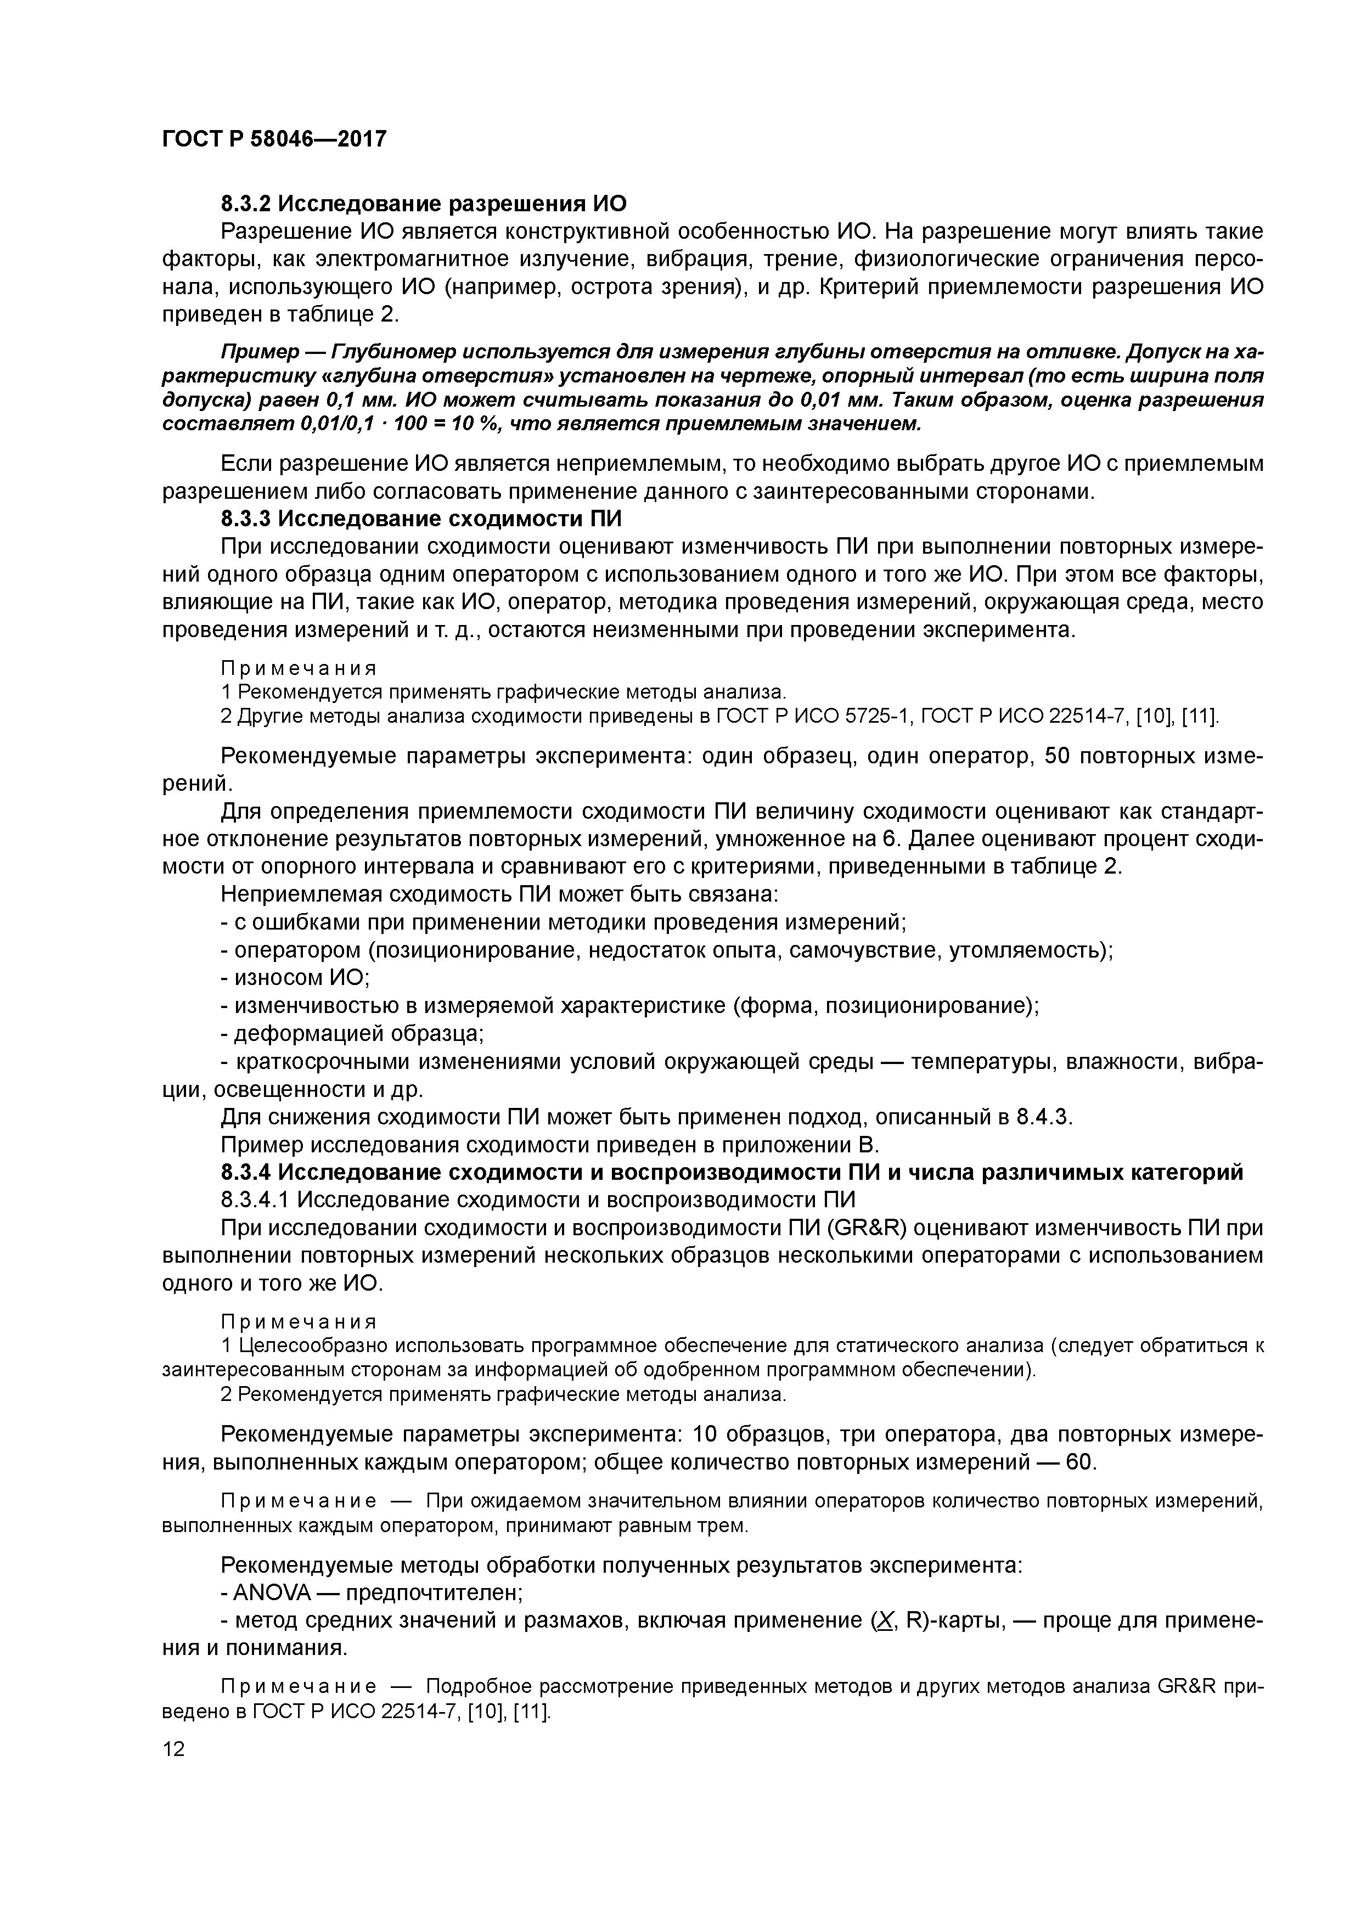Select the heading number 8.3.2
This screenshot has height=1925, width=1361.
point(246,204)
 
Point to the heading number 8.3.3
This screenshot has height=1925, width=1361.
point(246,519)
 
